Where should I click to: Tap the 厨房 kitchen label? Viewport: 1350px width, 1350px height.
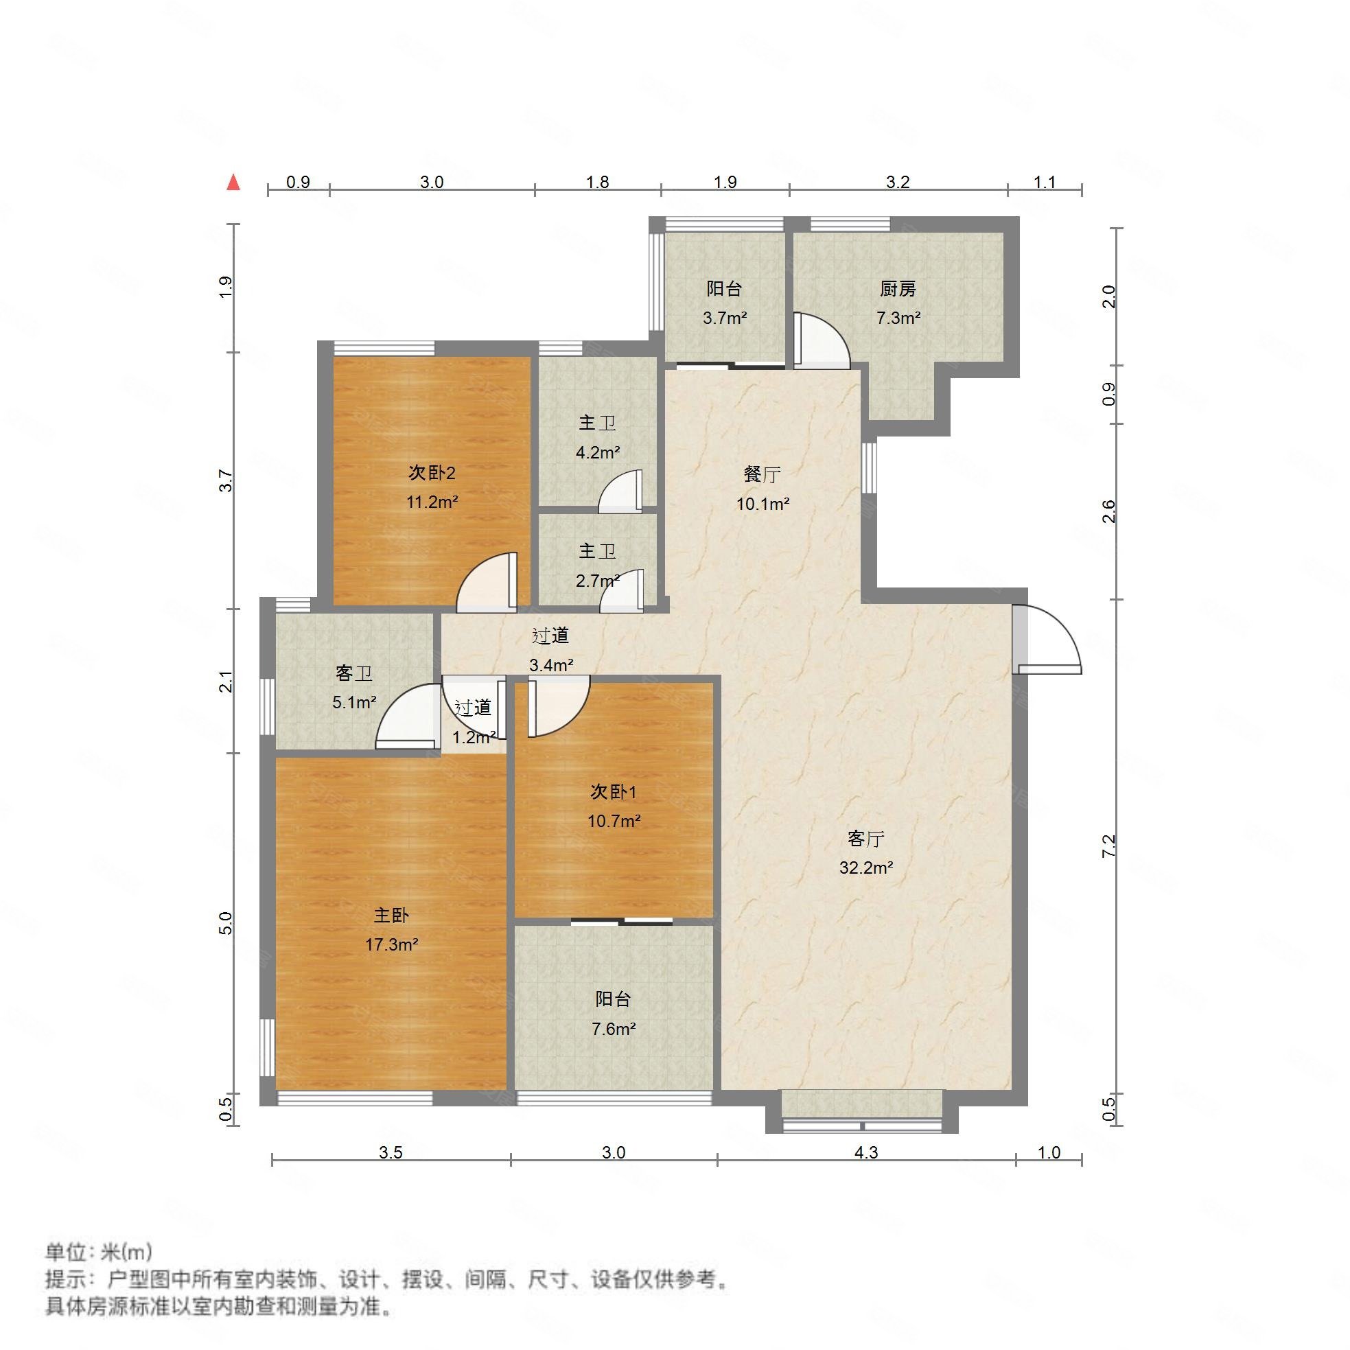[898, 288]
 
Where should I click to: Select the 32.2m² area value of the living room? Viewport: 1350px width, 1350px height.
[865, 868]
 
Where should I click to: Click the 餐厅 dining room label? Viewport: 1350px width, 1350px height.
[762, 474]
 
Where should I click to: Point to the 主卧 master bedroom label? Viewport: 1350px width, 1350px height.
[391, 915]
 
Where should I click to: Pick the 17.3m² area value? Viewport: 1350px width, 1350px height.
[391, 944]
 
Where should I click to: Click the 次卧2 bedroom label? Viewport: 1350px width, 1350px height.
[432, 473]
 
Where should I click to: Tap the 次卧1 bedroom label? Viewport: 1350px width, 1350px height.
[614, 792]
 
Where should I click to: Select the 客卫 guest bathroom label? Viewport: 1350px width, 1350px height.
[353, 673]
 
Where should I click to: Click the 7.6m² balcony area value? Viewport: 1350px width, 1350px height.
[613, 1029]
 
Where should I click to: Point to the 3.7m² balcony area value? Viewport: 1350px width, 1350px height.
[725, 318]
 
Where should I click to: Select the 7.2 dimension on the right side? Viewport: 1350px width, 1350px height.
[1109, 846]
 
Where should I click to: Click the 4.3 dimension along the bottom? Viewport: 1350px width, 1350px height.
[865, 1152]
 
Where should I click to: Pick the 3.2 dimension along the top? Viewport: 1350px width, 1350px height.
[898, 183]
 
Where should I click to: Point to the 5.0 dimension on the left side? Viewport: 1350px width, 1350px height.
[225, 923]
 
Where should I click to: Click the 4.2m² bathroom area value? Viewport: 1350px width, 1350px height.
[597, 453]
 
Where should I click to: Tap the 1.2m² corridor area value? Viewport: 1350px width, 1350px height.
[474, 737]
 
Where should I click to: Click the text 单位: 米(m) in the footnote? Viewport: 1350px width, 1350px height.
[99, 1250]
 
